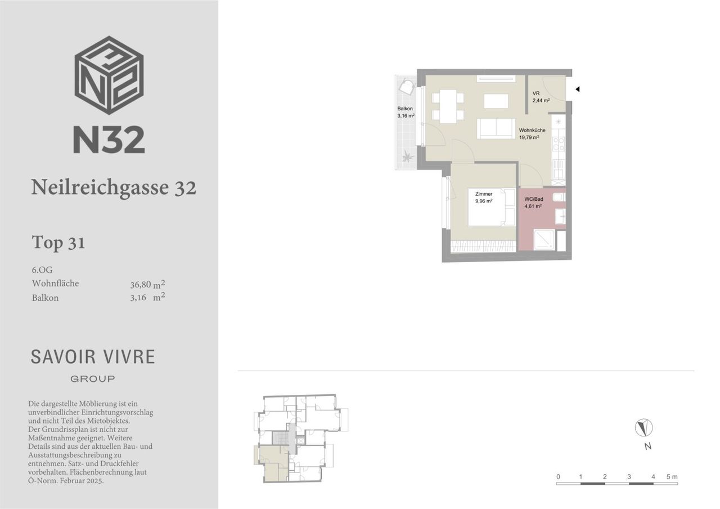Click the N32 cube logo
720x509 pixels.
pos(109,75)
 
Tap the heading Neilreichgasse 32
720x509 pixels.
pos(114,187)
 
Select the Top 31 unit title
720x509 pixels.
pos(58,242)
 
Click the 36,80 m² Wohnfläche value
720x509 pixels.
pos(147,285)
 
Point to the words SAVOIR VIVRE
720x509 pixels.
pos(93,357)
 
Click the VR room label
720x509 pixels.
pos(536,93)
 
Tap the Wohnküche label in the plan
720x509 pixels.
pos(532,130)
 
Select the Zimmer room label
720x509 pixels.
pos(484,194)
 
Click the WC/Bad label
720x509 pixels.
pos(534,199)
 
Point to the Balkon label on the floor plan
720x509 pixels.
pos(404,109)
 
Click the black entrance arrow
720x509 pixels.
pos(577,89)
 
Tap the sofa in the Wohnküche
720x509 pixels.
pos(496,128)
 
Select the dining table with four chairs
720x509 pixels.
pos(448,106)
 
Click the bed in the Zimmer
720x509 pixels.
pos(492,208)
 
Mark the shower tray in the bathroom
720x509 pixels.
pos(544,240)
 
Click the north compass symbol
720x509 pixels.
pos(644,427)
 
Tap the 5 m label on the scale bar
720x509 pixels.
pos(672,476)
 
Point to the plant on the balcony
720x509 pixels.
pos(408,157)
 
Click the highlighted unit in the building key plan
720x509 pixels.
pos(272,463)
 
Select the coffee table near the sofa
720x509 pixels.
pos(496,101)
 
